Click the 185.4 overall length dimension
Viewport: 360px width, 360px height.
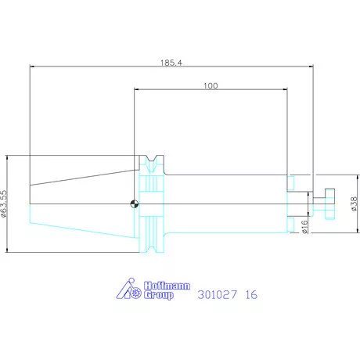[171, 63]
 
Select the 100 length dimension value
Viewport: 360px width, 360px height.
[211, 86]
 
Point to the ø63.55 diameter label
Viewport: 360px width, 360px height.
[4, 203]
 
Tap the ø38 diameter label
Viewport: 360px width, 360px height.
[354, 203]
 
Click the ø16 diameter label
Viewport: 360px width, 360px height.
[304, 227]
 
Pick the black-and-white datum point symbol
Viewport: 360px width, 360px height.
[135, 203]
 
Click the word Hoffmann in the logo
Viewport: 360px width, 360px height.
[167, 286]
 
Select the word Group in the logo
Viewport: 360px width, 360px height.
[159, 295]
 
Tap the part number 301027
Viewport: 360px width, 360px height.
[218, 295]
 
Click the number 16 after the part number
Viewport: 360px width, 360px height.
[251, 295]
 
